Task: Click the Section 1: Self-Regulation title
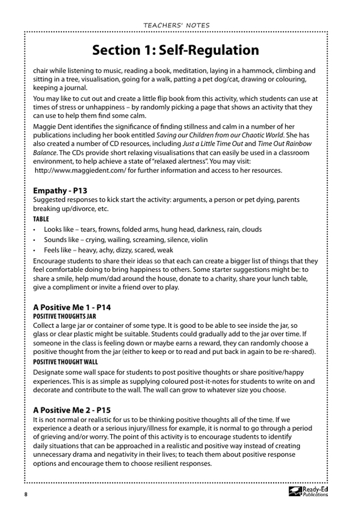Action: [x=176, y=50]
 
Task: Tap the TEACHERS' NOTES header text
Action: [x=176, y=25]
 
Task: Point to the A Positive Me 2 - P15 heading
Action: [x=72, y=410]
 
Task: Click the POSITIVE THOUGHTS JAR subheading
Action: [x=65, y=316]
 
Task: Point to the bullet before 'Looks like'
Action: [x=35, y=230]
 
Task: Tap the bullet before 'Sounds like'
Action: [x=35, y=240]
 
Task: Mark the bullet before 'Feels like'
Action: [x=35, y=250]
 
